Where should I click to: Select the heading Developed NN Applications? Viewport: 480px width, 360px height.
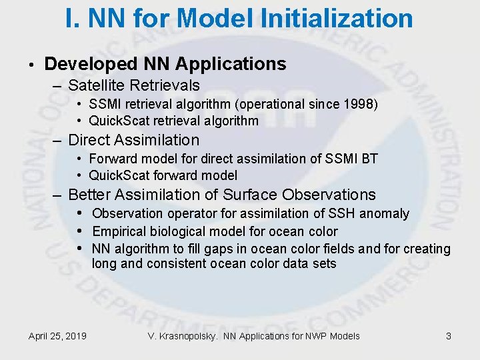tap(165, 64)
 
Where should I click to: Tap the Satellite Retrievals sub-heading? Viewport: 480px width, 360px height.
tap(133, 85)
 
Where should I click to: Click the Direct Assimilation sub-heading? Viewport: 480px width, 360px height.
tap(133, 140)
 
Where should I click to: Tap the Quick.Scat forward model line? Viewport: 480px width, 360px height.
tap(163, 175)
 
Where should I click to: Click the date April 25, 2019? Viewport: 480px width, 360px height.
tap(57, 336)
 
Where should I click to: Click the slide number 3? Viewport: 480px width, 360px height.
tap(449, 336)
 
